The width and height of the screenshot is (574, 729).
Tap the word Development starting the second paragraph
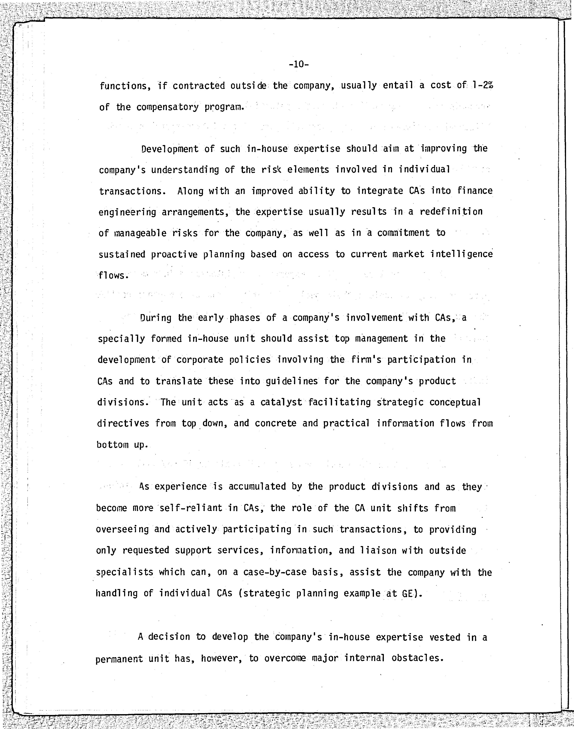tap(170, 149)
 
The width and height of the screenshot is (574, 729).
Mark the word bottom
tap(112, 445)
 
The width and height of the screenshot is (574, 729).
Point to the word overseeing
tap(122, 530)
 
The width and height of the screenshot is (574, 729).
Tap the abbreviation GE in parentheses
tap(407, 594)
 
